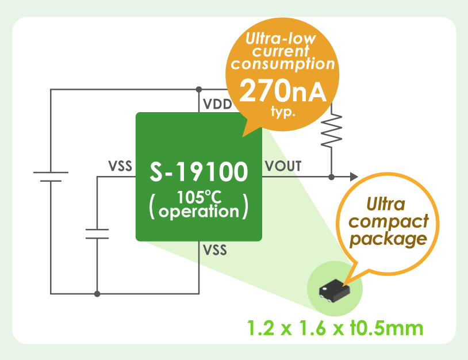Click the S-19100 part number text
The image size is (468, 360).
click(199, 171)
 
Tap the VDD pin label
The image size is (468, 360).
click(217, 105)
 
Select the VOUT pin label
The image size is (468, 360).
click(283, 167)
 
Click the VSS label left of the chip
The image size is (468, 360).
click(120, 167)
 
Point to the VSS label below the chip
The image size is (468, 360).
click(214, 251)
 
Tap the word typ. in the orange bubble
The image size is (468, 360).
click(283, 111)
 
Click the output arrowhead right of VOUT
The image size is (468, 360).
click(354, 177)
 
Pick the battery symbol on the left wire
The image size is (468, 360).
click(51, 176)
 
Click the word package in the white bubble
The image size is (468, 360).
click(389, 238)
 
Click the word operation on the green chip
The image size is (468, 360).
click(198, 211)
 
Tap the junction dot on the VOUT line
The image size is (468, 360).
click(331, 177)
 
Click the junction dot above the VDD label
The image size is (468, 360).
click(198, 89)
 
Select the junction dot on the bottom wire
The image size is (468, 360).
click(97, 294)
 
